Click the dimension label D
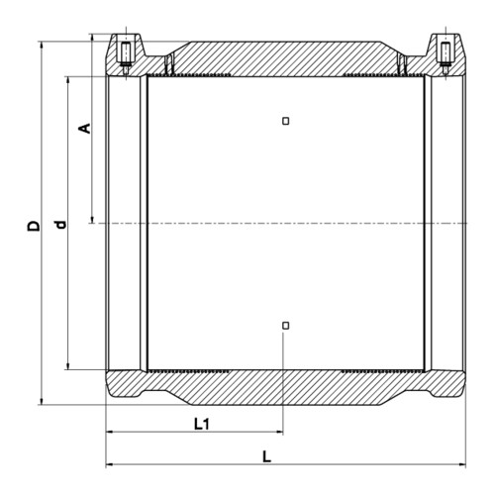tap(34, 226)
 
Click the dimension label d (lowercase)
tap(60, 225)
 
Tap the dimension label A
tap(84, 129)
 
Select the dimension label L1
tap(201, 424)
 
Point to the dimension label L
tap(266, 457)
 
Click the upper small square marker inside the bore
tap(286, 121)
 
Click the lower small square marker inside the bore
tap(286, 326)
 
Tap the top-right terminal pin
tap(445, 56)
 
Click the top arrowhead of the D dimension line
tap(42, 45)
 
